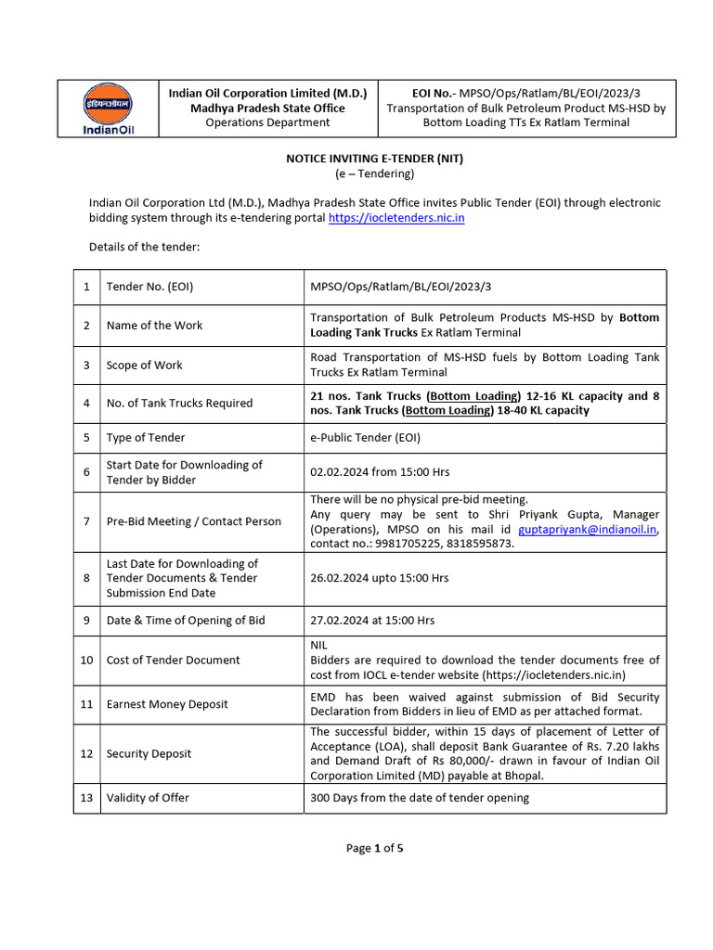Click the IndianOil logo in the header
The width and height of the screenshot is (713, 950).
(108, 109)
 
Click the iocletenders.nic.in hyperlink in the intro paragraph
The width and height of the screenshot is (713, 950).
(396, 217)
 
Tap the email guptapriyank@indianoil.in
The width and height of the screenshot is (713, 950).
(588, 529)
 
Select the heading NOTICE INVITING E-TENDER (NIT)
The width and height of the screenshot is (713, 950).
(374, 159)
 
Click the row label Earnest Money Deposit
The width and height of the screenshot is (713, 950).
(167, 704)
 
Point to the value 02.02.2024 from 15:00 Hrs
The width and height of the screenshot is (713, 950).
(380, 472)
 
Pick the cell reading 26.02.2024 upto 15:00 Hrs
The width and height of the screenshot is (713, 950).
(379, 578)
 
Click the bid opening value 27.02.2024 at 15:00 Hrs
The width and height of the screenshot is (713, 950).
(372, 621)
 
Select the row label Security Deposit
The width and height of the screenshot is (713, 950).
(149, 753)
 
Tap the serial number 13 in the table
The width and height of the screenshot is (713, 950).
(86, 798)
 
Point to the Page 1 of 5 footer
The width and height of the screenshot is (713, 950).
(374, 848)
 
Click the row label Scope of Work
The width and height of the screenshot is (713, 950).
(145, 365)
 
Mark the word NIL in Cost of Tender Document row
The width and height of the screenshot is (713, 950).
(319, 645)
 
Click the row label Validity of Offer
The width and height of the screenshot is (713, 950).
(149, 798)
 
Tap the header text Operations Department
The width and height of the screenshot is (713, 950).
(267, 122)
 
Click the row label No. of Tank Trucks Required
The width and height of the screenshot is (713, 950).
(179, 404)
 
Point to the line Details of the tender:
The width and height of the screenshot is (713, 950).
(144, 247)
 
